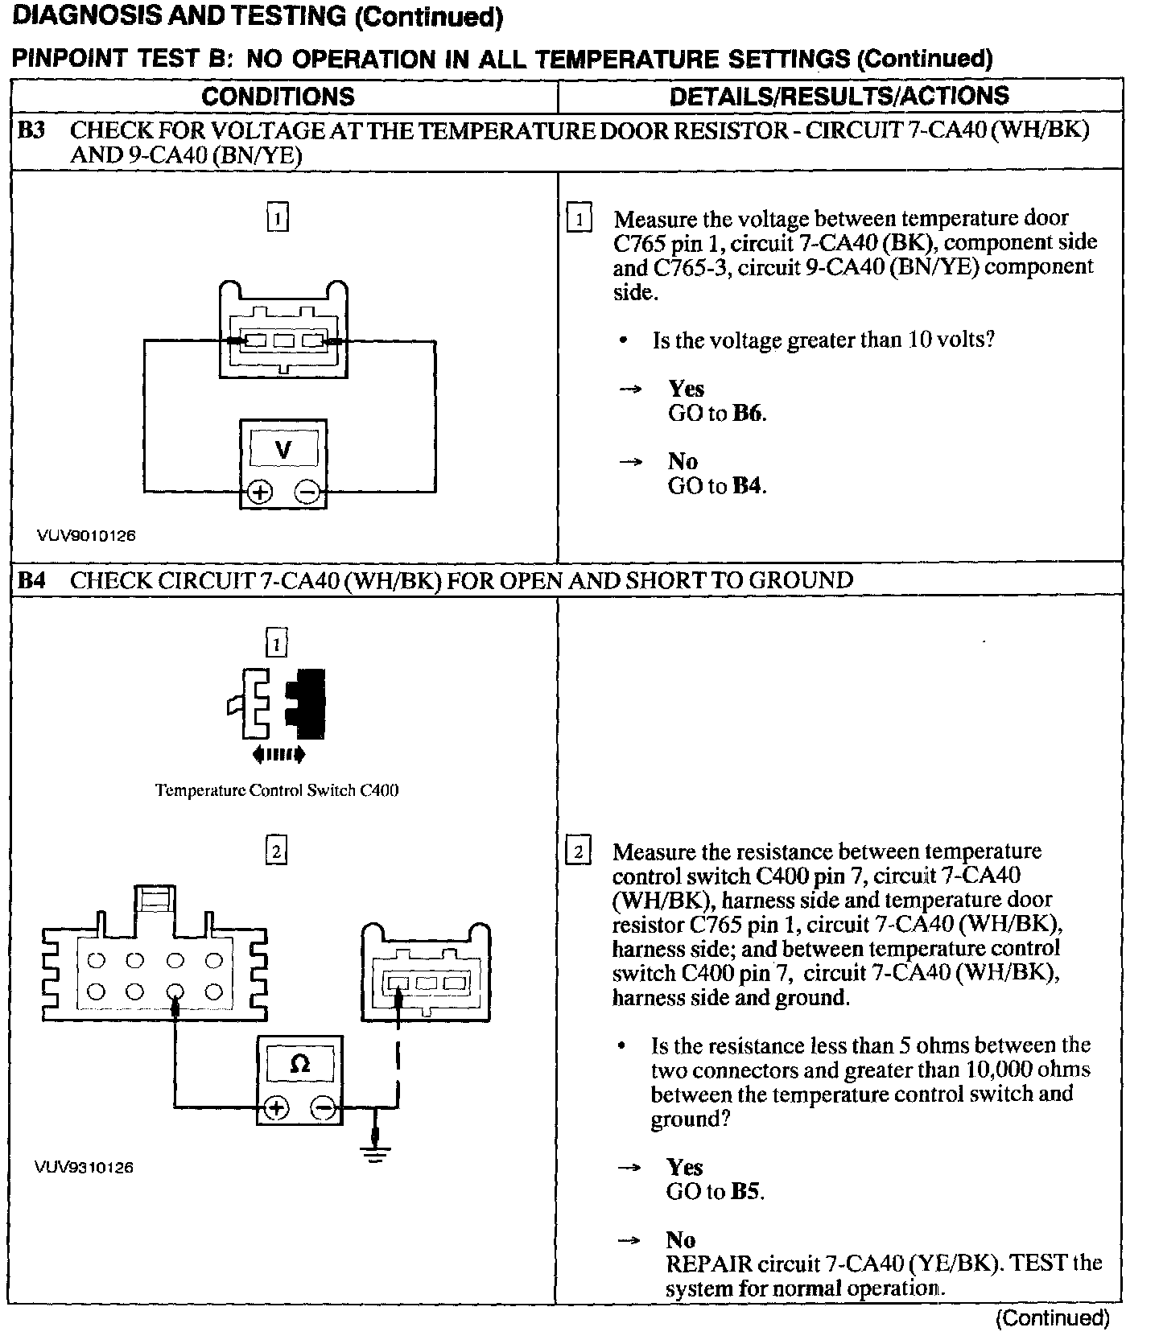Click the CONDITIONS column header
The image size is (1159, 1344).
coord(278,97)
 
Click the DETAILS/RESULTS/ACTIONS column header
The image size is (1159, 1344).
coord(839,96)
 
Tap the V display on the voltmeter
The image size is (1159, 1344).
coord(283,449)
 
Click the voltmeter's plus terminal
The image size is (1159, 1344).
coord(259,492)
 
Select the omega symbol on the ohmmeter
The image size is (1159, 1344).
coord(299,1065)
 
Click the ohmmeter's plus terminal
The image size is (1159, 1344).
coord(276,1108)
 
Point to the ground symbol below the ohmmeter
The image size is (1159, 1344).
coord(375,1154)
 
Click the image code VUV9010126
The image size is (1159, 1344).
coord(85,535)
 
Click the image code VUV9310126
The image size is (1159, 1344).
coord(84,1167)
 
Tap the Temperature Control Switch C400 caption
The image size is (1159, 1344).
coord(277,790)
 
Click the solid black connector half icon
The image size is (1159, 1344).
coord(310,703)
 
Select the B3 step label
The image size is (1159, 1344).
coord(31,130)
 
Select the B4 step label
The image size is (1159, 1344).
coord(31,580)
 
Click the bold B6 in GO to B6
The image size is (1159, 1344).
coord(748,414)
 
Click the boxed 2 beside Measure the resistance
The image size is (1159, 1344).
coord(578,851)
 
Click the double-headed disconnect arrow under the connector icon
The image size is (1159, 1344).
coord(278,754)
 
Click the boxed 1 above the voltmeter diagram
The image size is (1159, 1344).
coord(277,218)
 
